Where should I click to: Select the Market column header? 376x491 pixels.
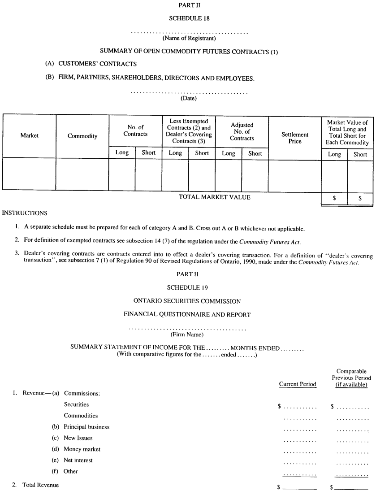point(30,135)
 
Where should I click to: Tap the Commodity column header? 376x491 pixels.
point(82,136)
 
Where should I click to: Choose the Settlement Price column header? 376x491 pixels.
point(295,138)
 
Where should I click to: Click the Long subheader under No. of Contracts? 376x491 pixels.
point(122,152)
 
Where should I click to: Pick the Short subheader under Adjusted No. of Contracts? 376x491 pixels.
point(255,153)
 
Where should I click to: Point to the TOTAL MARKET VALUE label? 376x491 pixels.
point(215,197)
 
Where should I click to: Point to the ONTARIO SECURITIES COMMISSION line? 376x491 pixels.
point(187,301)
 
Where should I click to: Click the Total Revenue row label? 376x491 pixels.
point(40,485)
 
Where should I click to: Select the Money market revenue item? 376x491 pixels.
point(82,449)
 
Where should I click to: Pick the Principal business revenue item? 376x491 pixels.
point(86,427)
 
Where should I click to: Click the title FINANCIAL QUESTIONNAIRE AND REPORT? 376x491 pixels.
point(187,315)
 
